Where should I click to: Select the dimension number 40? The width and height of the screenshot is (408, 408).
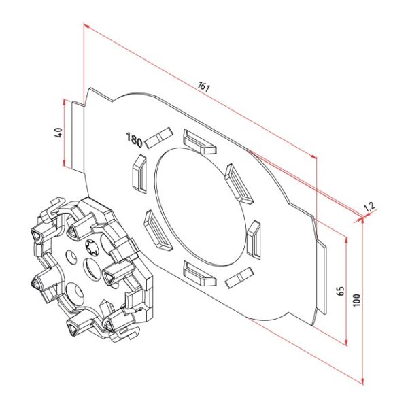pyautogui.click(x=58, y=133)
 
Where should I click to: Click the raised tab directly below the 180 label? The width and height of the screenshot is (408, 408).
pyautogui.click(x=138, y=173)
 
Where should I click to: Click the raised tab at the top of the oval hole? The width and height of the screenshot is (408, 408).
pyautogui.click(x=199, y=141)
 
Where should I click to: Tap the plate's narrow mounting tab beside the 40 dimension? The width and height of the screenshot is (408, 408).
pyautogui.click(x=77, y=135)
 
